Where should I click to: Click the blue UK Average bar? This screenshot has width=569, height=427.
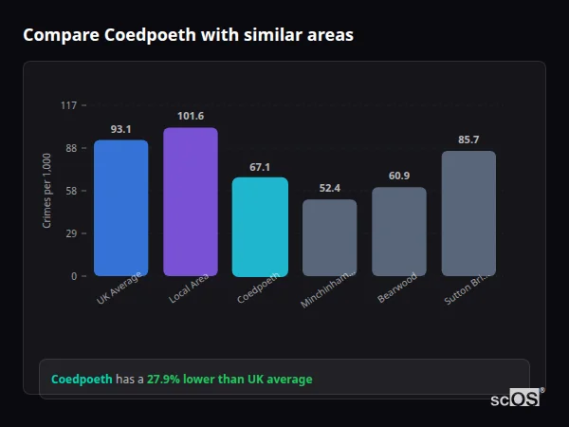(120, 208)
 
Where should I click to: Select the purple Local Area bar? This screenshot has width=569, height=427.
(191, 201)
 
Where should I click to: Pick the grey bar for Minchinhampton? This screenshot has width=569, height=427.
(329, 237)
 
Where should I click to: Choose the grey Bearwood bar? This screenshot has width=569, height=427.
(399, 232)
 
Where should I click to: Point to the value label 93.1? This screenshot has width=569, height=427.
(120, 129)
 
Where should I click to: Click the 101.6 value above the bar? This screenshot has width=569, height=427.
(191, 116)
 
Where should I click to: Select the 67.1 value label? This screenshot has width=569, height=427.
(260, 166)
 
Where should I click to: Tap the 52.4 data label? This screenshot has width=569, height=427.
(329, 188)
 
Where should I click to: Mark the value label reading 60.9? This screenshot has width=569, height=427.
(399, 176)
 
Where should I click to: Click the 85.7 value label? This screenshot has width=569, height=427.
(468, 139)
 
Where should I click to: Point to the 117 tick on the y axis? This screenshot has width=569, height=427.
(68, 105)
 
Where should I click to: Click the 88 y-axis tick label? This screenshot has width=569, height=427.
(70, 148)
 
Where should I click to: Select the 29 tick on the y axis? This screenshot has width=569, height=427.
(70, 233)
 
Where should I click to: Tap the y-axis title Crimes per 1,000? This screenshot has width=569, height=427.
(46, 191)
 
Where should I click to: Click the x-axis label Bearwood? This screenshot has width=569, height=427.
(396, 288)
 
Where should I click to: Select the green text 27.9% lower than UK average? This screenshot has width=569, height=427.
(229, 380)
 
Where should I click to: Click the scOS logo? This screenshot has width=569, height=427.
(516, 399)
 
